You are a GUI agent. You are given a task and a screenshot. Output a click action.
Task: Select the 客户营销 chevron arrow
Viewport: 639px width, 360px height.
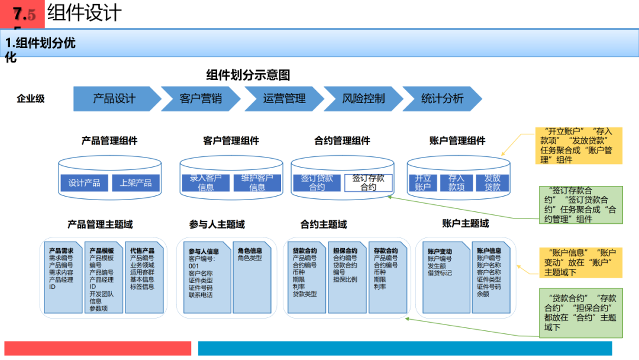(200, 99)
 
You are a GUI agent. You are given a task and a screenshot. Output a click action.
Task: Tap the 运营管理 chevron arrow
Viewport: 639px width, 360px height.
(284, 99)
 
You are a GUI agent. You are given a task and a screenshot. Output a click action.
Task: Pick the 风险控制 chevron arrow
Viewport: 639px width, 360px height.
(363, 99)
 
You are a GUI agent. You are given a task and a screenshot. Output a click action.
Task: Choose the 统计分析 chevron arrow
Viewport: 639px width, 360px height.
(441, 99)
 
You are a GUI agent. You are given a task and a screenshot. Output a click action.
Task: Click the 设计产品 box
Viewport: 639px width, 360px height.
(84, 183)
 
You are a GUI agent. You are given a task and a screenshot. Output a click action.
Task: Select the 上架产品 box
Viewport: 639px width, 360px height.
(135, 183)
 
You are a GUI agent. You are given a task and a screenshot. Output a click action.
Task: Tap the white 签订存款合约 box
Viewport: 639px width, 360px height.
(368, 182)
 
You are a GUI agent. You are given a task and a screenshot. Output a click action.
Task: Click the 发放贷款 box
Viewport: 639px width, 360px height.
(492, 182)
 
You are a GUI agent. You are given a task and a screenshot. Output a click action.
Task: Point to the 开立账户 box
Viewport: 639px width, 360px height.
(422, 182)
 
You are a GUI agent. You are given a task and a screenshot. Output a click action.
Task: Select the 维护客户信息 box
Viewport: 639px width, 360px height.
(257, 182)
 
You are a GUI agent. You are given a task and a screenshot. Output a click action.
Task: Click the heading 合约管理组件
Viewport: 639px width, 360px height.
(342, 141)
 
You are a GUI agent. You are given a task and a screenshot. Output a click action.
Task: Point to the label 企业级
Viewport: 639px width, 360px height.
(30, 99)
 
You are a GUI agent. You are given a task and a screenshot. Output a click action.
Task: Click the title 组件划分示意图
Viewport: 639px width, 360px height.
(248, 75)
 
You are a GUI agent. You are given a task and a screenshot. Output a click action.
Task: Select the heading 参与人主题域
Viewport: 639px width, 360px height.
(217, 224)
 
